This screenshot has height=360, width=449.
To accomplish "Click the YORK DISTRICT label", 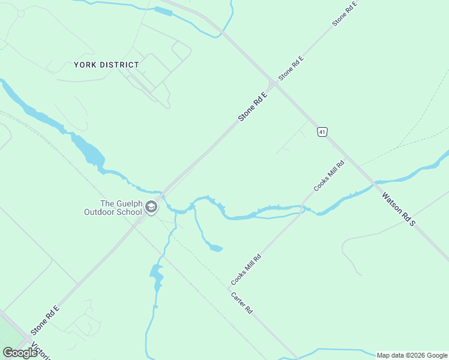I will pyautogui.click(x=107, y=65).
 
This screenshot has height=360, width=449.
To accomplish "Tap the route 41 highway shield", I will pyautogui.click(x=322, y=131).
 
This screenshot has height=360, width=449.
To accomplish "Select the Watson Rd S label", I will pyautogui.click(x=399, y=208).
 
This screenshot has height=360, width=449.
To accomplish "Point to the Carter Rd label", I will pyautogui.click(x=241, y=304).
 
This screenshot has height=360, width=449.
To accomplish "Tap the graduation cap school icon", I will pyautogui.click(x=151, y=208).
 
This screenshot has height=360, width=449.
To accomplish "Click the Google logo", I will pyautogui.click(x=20, y=353).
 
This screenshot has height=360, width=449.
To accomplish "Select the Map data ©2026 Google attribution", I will pyautogui.click(x=412, y=355).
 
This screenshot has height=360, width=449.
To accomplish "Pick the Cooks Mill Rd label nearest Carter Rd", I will pyautogui.click(x=246, y=270).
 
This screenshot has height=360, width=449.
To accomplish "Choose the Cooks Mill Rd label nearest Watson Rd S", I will pyautogui.click(x=329, y=176).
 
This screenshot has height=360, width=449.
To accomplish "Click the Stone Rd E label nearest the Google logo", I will pyautogui.click(x=46, y=320).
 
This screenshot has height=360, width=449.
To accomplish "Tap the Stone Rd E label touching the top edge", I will pyautogui.click(x=345, y=14).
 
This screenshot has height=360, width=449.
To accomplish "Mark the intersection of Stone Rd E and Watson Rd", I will pyautogui.click(x=273, y=83).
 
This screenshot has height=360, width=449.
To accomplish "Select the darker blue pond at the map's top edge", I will pyautogui.click(x=163, y=11).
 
